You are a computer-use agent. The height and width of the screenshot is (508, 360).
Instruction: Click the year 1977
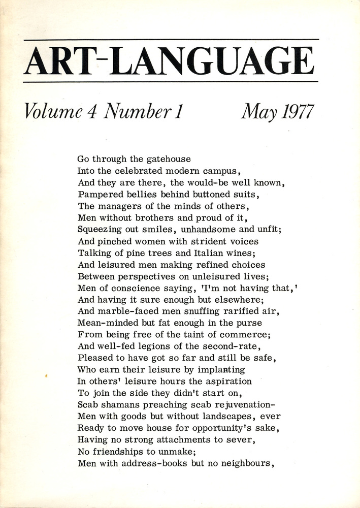pos(293,111)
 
